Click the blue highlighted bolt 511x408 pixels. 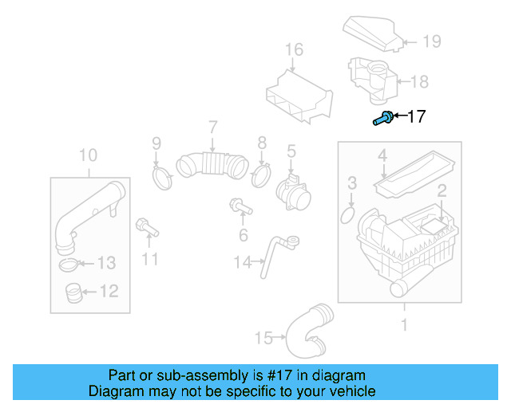(x=382, y=120)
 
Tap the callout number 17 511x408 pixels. (x=416, y=117)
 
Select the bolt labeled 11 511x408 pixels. (x=147, y=228)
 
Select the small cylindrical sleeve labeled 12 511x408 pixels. (x=73, y=295)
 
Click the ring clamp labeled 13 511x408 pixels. (x=70, y=264)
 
